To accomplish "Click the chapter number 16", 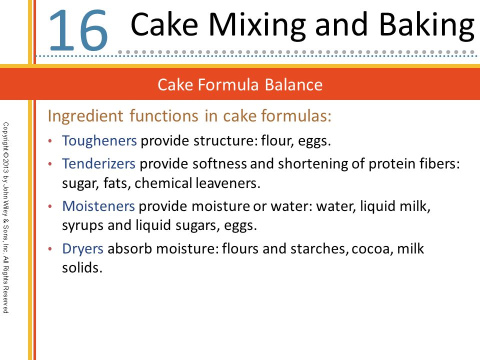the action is [x=78, y=30].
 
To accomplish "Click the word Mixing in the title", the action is [x=257, y=26].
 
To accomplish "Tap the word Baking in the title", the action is [x=426, y=26].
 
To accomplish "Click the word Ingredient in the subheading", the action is [x=85, y=116].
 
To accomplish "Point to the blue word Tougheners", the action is [x=99, y=141].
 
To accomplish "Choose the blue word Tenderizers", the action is [x=98, y=163].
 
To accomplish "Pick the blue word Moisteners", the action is [x=98, y=206].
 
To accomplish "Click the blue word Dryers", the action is [x=82, y=249].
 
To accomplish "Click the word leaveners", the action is [x=228, y=183].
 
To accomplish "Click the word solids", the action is [x=82, y=267].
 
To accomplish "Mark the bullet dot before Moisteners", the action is [x=50, y=206].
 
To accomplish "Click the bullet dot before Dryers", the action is [x=50, y=249].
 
